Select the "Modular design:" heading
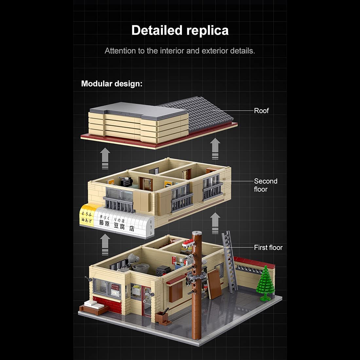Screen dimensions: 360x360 click(112, 84)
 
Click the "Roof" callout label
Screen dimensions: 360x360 click(261, 111)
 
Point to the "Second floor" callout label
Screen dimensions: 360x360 click(265, 185)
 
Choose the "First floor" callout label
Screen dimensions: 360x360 click(268, 248)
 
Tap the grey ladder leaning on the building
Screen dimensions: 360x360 click(230, 262)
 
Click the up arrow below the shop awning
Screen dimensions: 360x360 click(105, 244)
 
